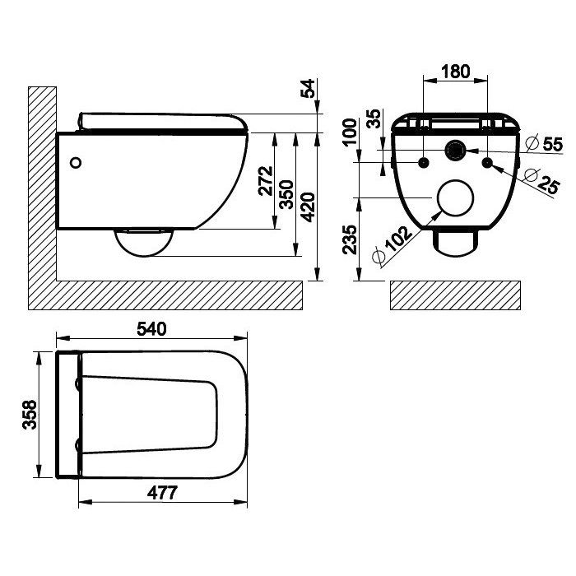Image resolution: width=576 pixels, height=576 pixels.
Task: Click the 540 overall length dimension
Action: coord(151,327)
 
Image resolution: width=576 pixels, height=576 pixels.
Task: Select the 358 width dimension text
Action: coord(29,416)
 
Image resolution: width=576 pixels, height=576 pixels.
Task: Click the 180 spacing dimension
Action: coord(454,72)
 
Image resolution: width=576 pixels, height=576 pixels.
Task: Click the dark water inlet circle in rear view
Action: coord(455,151)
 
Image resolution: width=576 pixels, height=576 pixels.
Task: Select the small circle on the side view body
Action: coord(77,162)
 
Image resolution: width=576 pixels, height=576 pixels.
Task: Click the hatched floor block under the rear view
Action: coord(454,295)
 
